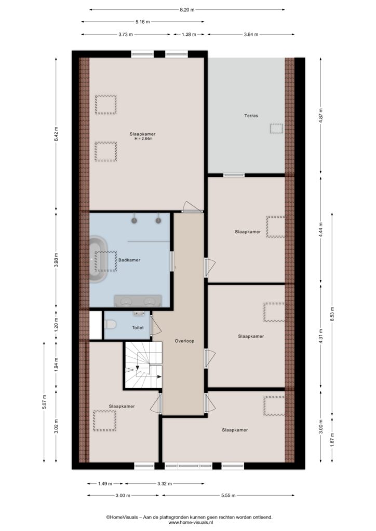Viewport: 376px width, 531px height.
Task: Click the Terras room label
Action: [x=251, y=116]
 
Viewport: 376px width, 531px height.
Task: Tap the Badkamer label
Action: [x=129, y=260]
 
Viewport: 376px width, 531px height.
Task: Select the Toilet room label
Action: [x=138, y=328]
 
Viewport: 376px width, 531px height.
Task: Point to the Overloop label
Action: [x=184, y=341]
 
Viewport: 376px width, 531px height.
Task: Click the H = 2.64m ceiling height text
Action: [x=143, y=139]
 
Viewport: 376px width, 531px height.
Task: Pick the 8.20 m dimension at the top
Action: [x=187, y=10]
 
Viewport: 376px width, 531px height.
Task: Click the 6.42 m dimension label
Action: [x=56, y=135]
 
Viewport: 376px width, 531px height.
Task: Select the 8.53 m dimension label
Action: [x=332, y=315]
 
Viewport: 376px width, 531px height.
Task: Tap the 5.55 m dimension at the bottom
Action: [x=228, y=495]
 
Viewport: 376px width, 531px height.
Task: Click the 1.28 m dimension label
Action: [x=189, y=34]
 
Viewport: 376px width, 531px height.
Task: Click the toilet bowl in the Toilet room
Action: [x=110, y=325]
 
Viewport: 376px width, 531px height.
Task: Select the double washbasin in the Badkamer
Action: [x=137, y=301]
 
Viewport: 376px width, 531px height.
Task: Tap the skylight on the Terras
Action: [x=276, y=129]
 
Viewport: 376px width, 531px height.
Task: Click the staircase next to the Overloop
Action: [x=143, y=365]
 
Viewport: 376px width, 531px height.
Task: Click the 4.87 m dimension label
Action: [x=321, y=116]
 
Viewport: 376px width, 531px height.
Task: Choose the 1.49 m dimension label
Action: [x=105, y=484]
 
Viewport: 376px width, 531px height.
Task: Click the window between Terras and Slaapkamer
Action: [x=234, y=175]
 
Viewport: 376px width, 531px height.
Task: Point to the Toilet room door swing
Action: [x=156, y=327]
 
